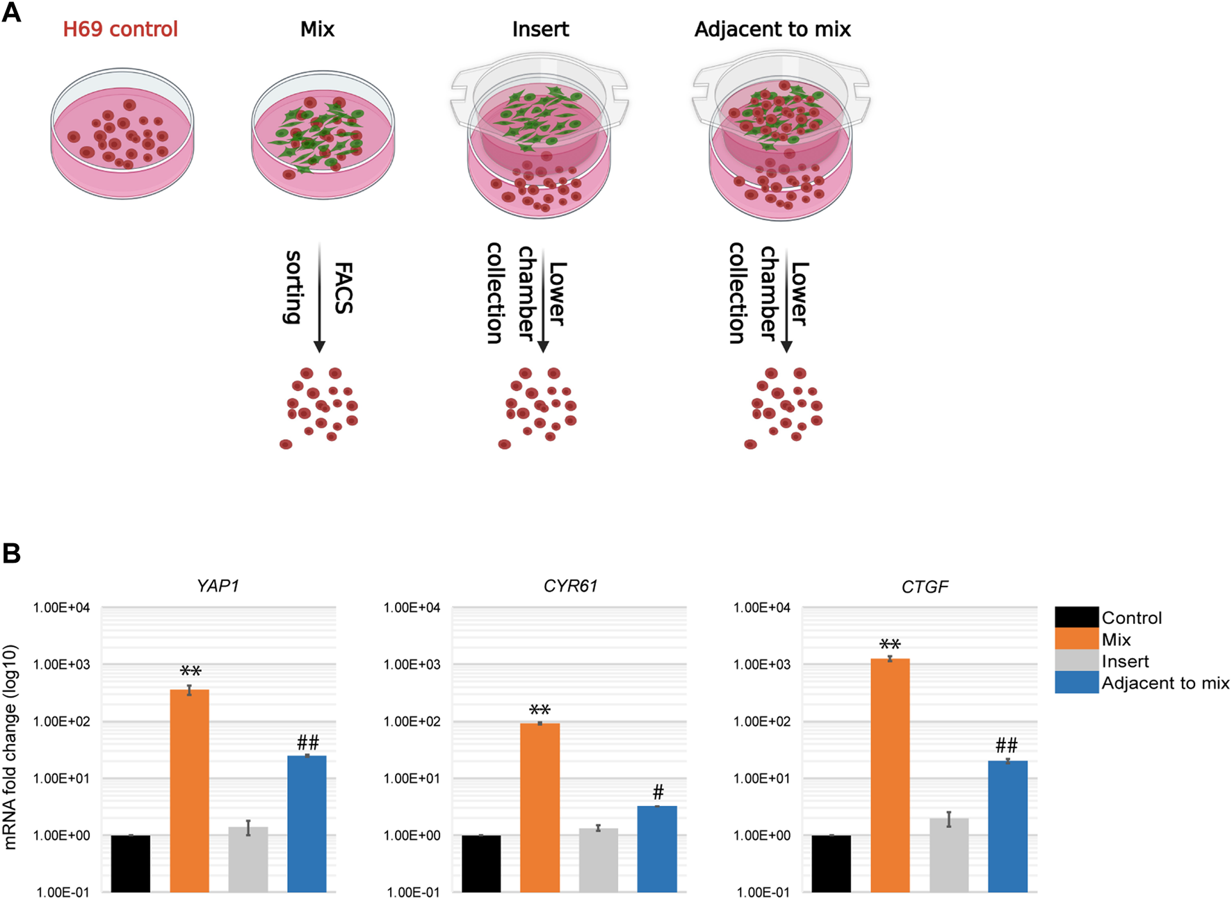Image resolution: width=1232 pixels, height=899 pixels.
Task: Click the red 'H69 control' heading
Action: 120,29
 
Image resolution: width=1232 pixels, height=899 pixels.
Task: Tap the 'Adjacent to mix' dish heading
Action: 772,29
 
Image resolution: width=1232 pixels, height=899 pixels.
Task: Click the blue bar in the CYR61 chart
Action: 657,848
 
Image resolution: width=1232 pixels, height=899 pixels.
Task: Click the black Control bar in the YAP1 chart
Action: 131,863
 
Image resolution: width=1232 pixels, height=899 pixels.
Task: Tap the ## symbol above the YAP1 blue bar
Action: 307,743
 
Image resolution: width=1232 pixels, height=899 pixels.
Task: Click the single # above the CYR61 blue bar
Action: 658,791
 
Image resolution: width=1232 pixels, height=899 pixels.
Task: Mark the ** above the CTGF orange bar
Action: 890,645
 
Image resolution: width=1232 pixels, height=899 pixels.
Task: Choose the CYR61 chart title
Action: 570,586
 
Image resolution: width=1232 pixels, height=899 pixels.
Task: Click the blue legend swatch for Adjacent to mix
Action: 1076,682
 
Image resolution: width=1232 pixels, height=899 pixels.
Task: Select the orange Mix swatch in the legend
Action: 1076,639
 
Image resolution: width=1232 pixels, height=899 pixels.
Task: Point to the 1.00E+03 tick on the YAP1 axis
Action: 62,665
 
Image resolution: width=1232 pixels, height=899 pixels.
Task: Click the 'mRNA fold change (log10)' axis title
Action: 10,747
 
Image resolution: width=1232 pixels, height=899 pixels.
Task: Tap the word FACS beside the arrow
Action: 343,288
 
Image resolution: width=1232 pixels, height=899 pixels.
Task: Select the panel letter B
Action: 12,554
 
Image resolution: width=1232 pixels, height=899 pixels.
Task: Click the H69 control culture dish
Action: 122,133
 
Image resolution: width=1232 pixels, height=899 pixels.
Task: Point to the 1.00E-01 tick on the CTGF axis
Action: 763,892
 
